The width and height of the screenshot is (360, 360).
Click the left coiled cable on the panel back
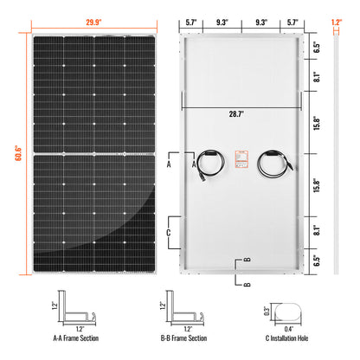[x=208, y=164]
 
